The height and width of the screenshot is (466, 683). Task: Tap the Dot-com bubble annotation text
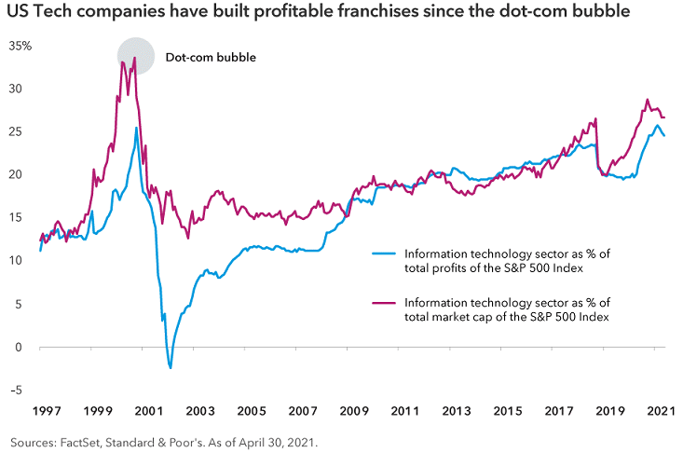click(210, 57)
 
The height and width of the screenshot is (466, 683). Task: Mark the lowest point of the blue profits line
click(171, 368)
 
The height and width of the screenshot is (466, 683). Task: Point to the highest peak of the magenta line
click(135, 58)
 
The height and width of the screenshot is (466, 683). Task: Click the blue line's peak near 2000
click(136, 128)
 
